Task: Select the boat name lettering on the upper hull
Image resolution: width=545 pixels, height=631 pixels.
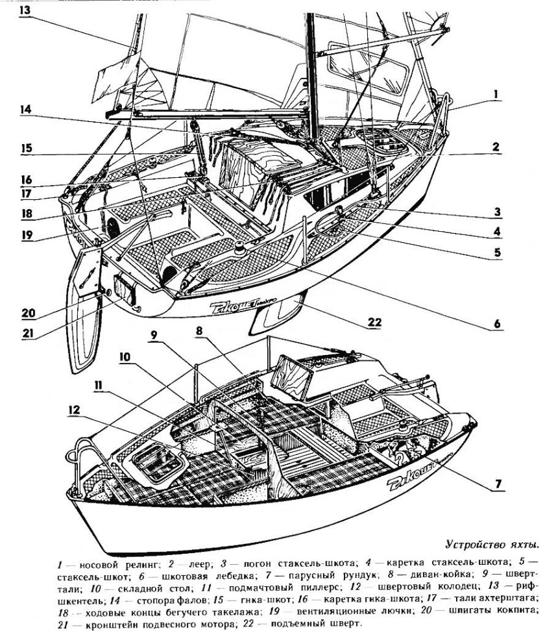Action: pos(234,305)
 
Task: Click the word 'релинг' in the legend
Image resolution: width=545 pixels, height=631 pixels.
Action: pos(136,559)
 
